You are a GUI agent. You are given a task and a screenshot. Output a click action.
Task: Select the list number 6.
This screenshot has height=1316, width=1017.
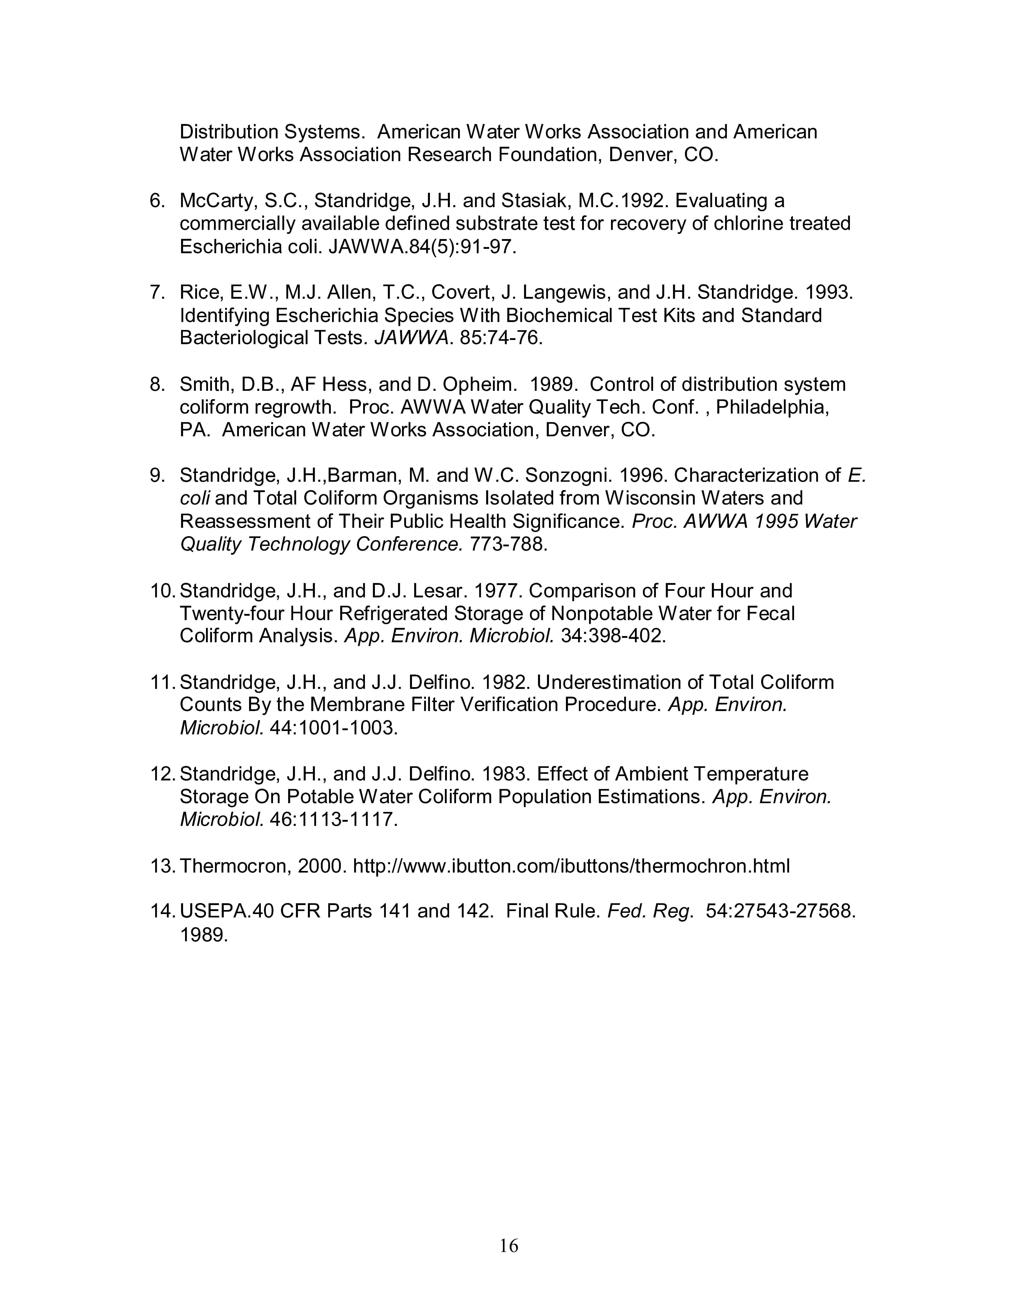157,201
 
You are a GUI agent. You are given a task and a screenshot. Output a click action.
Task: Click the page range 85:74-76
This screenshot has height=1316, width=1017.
500,338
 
